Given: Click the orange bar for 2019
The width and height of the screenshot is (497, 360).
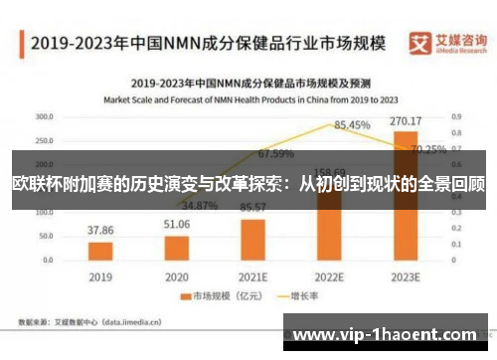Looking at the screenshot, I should [100, 250].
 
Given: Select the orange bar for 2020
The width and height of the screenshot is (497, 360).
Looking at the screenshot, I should [177, 247].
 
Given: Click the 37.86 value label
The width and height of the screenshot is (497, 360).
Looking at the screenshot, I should [100, 230].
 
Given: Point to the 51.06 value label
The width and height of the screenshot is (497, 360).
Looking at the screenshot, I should [177, 224].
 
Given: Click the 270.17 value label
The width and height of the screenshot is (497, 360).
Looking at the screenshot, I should [406, 122].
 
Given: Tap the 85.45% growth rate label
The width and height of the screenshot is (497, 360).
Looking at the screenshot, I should [353, 125].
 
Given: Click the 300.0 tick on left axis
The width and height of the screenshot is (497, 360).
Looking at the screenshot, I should [44, 116].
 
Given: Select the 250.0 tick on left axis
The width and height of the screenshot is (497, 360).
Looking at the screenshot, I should [44, 140].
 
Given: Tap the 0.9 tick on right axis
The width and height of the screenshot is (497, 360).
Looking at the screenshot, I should [456, 116].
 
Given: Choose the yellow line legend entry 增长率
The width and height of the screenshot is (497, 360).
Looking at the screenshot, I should [293, 296].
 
